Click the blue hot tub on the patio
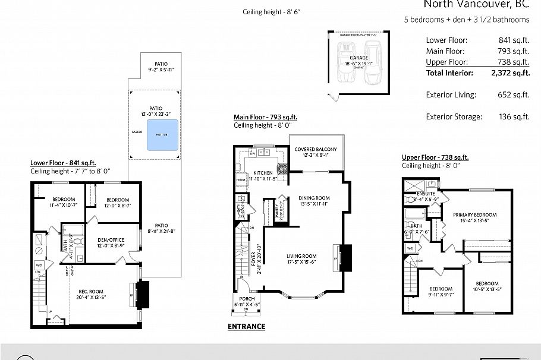tap(162, 135)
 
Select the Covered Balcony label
tap(316, 149)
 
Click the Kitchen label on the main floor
tap(246, 172)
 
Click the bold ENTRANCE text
tap(246, 327)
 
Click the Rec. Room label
tap(91, 290)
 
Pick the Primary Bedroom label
tap(474, 214)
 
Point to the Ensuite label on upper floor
tap(425, 194)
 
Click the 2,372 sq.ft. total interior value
tap(509, 73)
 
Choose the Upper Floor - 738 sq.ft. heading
tap(435, 157)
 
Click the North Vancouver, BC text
tap(476, 5)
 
